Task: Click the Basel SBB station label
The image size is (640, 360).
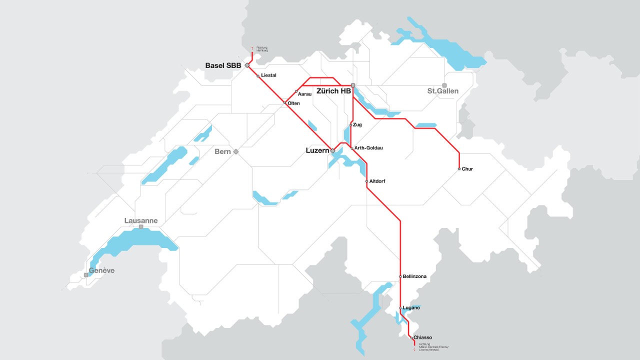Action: click(x=223, y=65)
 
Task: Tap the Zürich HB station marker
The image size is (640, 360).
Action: click(x=353, y=85)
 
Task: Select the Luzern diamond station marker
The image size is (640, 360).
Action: click(x=332, y=150)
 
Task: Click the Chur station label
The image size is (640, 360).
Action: click(x=467, y=169)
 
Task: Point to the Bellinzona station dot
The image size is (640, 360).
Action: click(x=400, y=276)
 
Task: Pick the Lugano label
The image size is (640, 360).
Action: click(x=411, y=308)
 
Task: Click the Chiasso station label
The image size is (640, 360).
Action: click(x=422, y=338)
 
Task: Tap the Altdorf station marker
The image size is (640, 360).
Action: click(x=367, y=181)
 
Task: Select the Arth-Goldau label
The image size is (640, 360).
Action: click(x=368, y=148)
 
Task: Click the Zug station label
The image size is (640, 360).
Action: click(x=357, y=124)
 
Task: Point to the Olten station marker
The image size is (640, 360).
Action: click(x=285, y=103)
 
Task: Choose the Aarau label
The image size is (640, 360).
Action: click(x=304, y=94)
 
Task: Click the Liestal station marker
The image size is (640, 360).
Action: click(x=258, y=76)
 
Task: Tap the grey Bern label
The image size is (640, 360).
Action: click(x=222, y=151)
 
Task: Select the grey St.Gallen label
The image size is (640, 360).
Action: click(x=442, y=91)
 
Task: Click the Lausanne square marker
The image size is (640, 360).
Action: click(x=141, y=227)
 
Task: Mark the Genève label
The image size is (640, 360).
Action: click(x=101, y=270)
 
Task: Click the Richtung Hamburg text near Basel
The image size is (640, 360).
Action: click(x=262, y=49)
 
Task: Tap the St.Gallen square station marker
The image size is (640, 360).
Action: click(x=444, y=85)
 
